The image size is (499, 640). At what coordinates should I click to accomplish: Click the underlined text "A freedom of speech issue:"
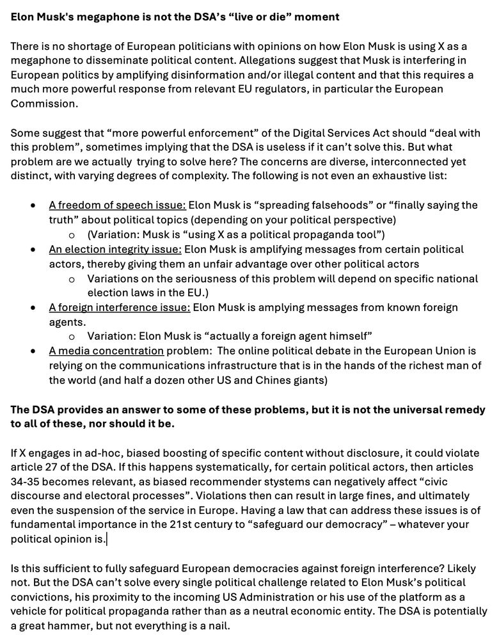(117, 205)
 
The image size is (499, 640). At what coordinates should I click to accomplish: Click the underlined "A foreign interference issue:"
(120, 307)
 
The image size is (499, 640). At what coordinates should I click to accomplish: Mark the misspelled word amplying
(285, 307)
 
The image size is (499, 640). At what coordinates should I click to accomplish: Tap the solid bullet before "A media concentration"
(33, 351)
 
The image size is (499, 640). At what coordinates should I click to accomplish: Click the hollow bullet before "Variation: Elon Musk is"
(72, 337)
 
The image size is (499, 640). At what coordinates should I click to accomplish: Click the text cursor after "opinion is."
(107, 540)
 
